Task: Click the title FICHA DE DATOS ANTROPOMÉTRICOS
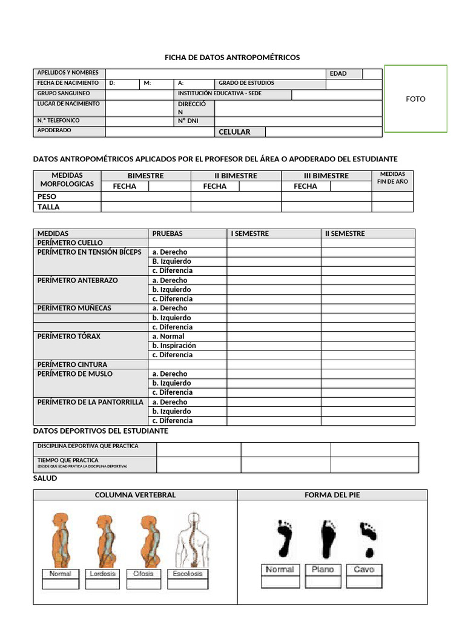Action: [232, 57]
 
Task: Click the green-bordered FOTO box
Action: [415, 99]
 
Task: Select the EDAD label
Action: [338, 73]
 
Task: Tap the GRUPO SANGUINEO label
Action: [64, 94]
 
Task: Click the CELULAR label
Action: [234, 132]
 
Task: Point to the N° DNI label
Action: [188, 121]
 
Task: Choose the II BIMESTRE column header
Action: [236, 176]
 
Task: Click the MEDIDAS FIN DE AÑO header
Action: [392, 178]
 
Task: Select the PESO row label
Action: [47, 196]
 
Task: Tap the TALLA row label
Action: [48, 207]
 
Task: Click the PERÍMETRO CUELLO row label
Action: [70, 243]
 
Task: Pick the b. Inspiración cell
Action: [174, 346]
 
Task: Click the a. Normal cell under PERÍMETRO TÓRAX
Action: [168, 336]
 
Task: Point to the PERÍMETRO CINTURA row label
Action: [72, 364]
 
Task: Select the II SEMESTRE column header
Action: [345, 233]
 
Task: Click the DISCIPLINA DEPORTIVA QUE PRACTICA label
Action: [88, 446]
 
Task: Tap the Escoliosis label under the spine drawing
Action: [188, 574]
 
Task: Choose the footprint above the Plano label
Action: [329, 539]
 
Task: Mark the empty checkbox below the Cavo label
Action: [363, 582]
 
